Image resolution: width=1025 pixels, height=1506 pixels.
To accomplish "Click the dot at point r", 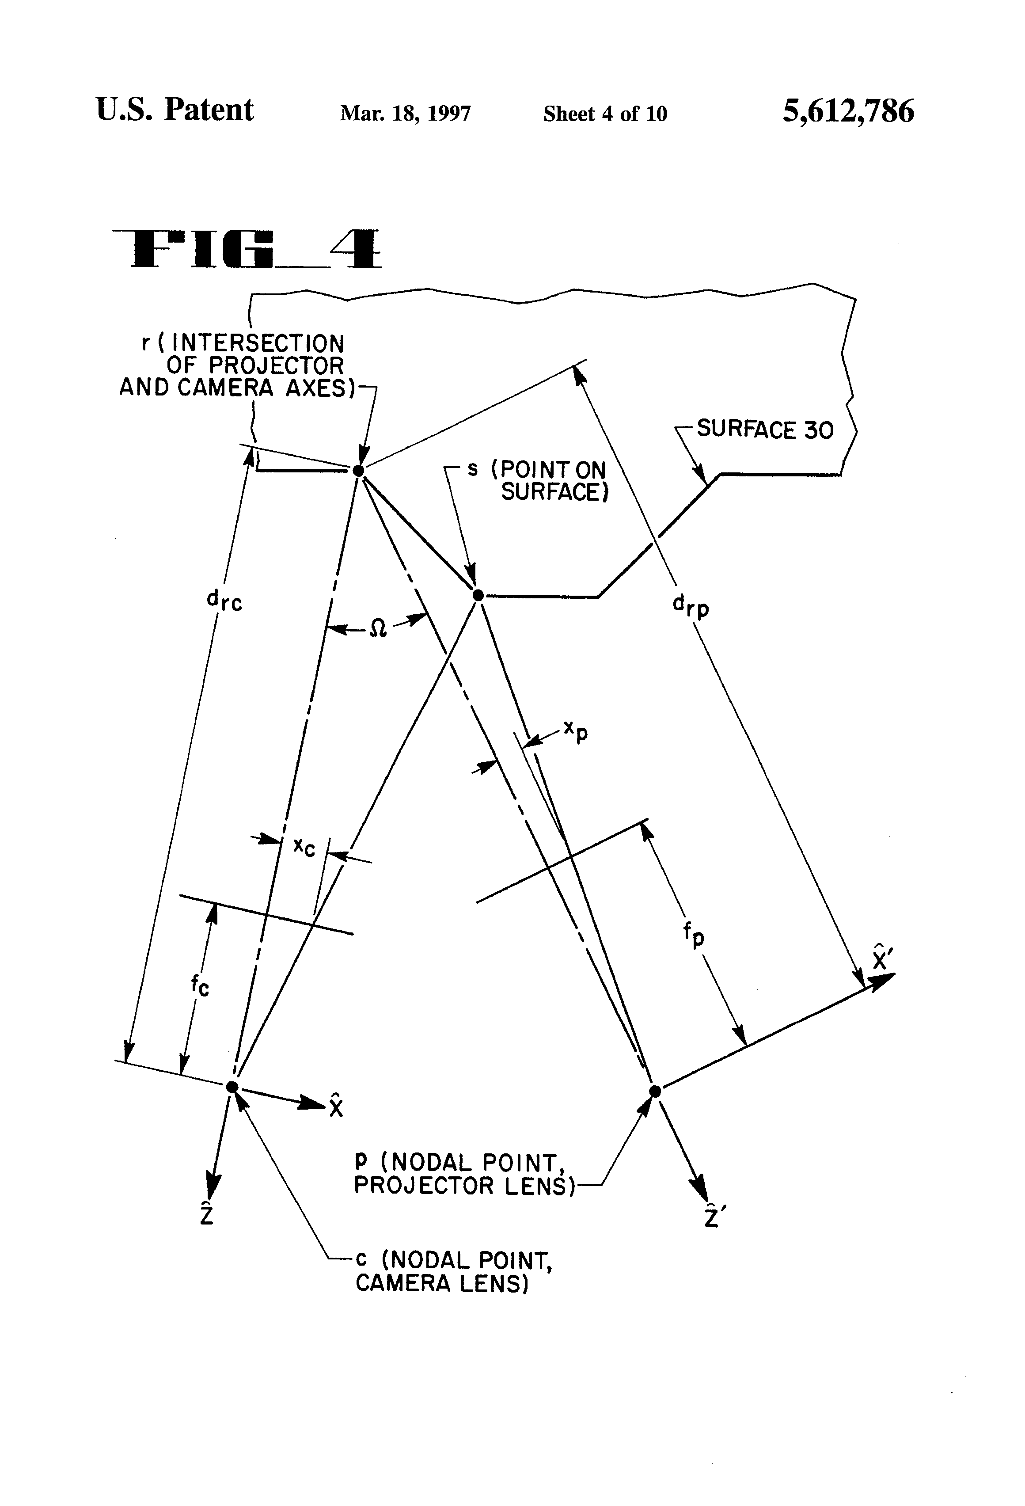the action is pos(358,471).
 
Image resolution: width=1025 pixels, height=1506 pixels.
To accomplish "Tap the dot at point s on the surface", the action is pos(478,594).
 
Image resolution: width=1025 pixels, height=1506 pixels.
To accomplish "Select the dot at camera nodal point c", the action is pos(232,1087).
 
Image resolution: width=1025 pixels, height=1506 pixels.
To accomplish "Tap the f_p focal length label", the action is pos(693,935).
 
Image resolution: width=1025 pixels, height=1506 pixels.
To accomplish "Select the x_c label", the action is pos(304,846).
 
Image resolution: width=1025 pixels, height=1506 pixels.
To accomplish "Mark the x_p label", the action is pos(576,732).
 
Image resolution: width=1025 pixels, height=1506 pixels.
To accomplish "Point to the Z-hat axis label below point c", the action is pos(207,1213).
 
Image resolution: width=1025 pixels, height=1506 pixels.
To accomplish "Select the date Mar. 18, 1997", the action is pos(406,114).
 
